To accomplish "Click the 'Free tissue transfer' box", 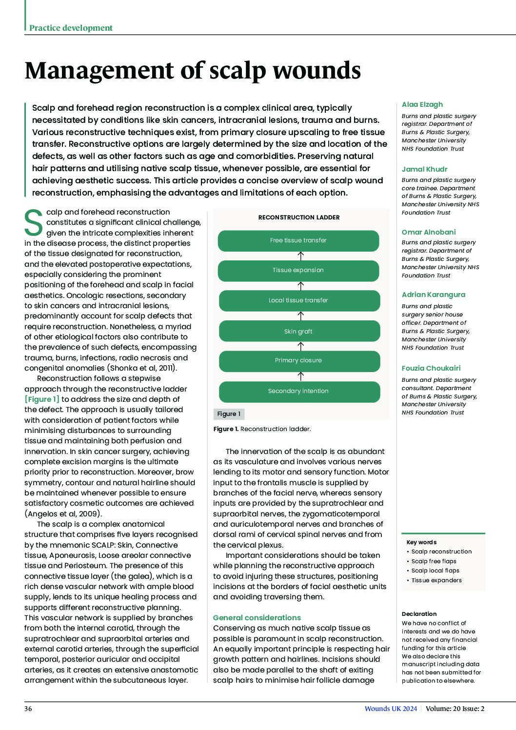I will [x=298, y=240].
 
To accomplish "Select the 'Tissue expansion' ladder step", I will [x=298, y=271].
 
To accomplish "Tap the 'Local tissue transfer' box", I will [x=298, y=300].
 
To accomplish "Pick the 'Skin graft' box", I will [x=298, y=332].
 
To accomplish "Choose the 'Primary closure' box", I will [x=298, y=361].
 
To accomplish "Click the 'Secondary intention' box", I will [x=298, y=391].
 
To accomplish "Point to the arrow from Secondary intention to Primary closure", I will [x=301, y=376].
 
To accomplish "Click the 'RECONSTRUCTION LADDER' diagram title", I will [x=299, y=217].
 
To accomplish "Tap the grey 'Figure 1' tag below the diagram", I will [x=229, y=414].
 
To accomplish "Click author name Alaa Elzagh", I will [x=422, y=104].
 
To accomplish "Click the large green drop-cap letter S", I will [x=34, y=223].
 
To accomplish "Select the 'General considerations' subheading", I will [x=257, y=618].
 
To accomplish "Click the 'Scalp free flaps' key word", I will [x=434, y=561].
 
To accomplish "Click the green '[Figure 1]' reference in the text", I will [x=42, y=399].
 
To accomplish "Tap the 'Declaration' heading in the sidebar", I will [x=419, y=614].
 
